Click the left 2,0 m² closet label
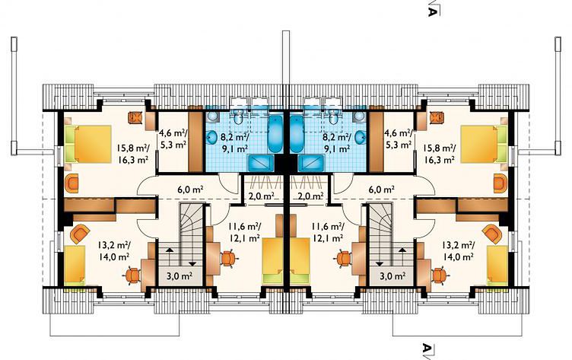coord(261,196)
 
